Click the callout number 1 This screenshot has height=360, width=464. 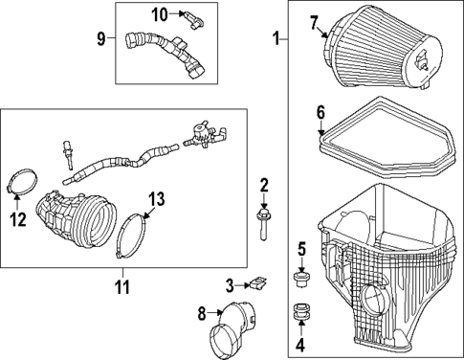click(276, 40)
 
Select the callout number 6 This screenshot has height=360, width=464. click(320, 112)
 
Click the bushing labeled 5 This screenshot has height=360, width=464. click(300, 279)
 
